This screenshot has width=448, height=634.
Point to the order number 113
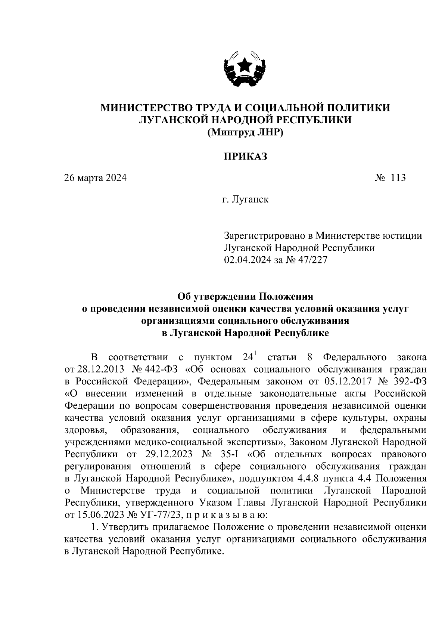[398, 178]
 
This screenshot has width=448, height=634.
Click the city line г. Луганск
[245, 200]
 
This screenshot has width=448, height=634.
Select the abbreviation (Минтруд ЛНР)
[245, 132]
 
